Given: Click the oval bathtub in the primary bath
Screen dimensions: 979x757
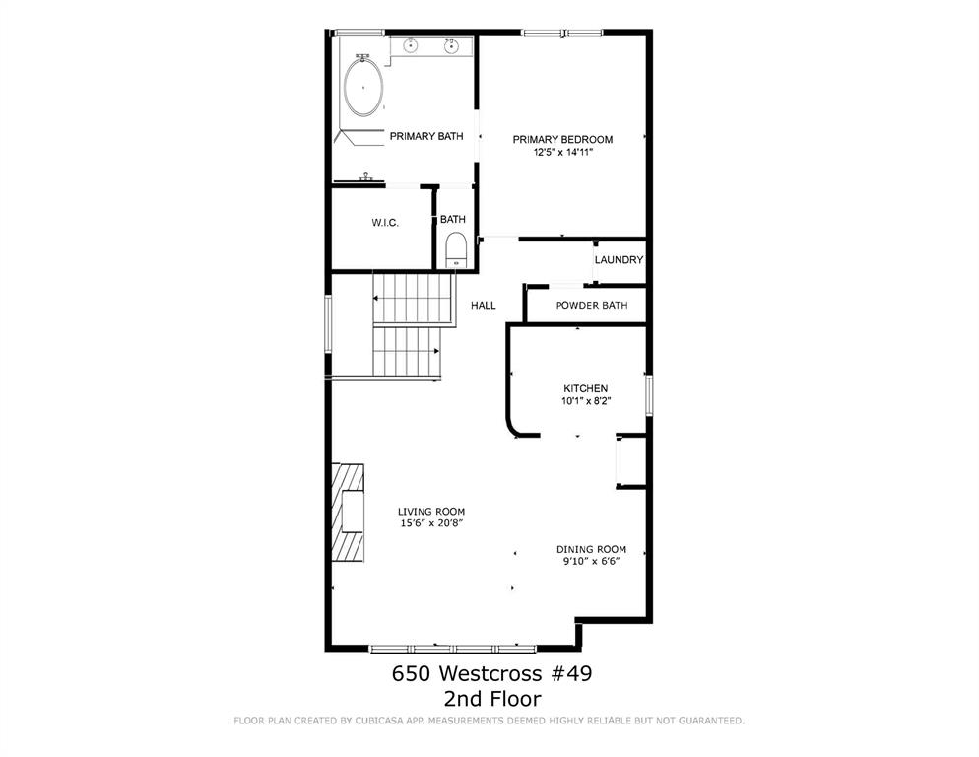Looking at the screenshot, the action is coord(363,88).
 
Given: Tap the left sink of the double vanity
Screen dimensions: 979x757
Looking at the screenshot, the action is coord(410,45).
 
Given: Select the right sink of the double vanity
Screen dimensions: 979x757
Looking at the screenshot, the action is coord(451,45).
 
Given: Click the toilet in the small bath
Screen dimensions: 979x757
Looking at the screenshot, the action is coord(456,250).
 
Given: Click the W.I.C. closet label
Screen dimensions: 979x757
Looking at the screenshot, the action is coord(385,223).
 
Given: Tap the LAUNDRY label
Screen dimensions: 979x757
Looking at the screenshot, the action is coord(619,260).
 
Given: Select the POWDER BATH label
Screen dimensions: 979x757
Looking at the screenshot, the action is coord(592,305).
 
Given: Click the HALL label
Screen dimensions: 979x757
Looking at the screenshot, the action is coord(484,305).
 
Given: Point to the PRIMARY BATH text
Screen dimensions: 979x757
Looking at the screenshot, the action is coord(426,136).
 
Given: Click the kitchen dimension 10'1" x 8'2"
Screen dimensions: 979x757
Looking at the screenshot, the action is coord(586,401).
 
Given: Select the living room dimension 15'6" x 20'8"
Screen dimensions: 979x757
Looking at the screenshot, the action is coord(431,523).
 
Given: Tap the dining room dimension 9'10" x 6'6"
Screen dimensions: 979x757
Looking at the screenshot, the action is coord(592,561).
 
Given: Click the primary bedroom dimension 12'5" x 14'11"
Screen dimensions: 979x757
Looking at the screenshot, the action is coord(562,151).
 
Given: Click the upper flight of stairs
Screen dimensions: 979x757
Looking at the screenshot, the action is coord(413,299).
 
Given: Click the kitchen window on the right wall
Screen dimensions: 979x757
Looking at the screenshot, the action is coord(649,395).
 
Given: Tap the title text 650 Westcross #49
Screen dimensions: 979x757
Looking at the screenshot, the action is coord(492,673).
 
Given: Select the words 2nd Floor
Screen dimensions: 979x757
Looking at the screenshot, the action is coord(492,698).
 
